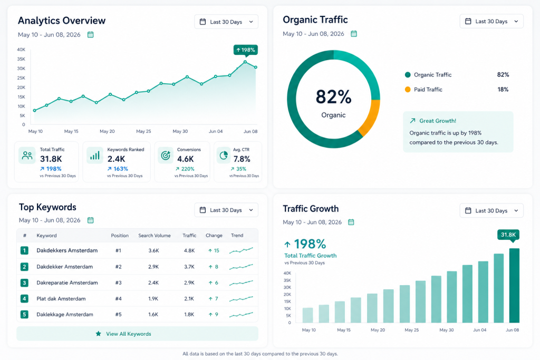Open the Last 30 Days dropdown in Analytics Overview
pyautogui.click(x=226, y=22)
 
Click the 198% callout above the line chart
pyautogui.click(x=246, y=50)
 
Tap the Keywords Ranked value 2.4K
pyautogui.click(x=117, y=159)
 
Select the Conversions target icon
pyautogui.click(x=166, y=155)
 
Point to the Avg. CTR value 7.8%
pyautogui.click(x=242, y=159)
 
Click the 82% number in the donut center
pyautogui.click(x=333, y=96)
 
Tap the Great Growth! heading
pyautogui.click(x=437, y=121)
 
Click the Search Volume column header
pyautogui.click(x=155, y=236)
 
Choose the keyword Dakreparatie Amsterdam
pyautogui.click(x=67, y=283)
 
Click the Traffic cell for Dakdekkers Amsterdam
pyautogui.click(x=189, y=250)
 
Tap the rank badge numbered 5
pyautogui.click(x=24, y=314)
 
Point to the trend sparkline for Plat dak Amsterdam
pyautogui.click(x=241, y=299)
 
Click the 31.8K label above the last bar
pyautogui.click(x=508, y=235)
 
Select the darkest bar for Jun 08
pyautogui.click(x=514, y=285)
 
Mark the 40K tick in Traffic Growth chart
pyautogui.click(x=287, y=273)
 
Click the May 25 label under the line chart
pyautogui.click(x=143, y=131)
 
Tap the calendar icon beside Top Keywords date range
pyautogui.click(x=90, y=220)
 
